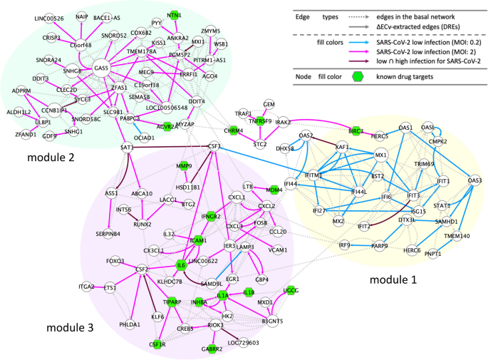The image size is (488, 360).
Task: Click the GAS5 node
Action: [x=103, y=68]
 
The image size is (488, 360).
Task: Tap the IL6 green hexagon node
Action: [x=182, y=265]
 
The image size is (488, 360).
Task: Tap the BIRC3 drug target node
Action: [x=356, y=131]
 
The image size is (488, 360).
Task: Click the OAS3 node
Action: [x=474, y=180]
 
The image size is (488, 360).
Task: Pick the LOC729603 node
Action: [x=243, y=343]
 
